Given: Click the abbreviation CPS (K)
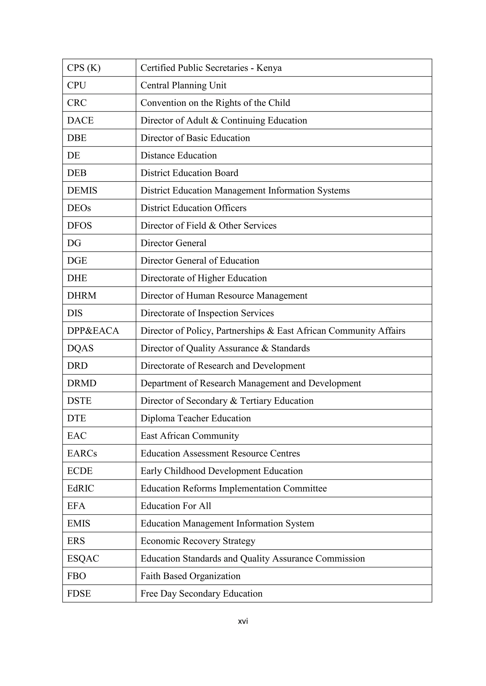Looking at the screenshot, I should [x=84, y=68].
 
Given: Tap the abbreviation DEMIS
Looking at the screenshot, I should [x=82, y=191].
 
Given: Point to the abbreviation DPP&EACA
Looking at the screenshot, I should [x=93, y=331].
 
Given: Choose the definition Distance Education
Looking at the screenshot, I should [x=178, y=156].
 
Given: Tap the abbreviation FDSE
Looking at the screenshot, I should [x=79, y=594].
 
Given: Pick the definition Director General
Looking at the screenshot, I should [x=173, y=243].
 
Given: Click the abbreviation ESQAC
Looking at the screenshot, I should [x=83, y=559].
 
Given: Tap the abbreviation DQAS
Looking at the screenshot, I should [x=80, y=348].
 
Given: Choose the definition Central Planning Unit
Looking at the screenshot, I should [x=183, y=86].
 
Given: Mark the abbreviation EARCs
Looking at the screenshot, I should [x=82, y=454].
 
